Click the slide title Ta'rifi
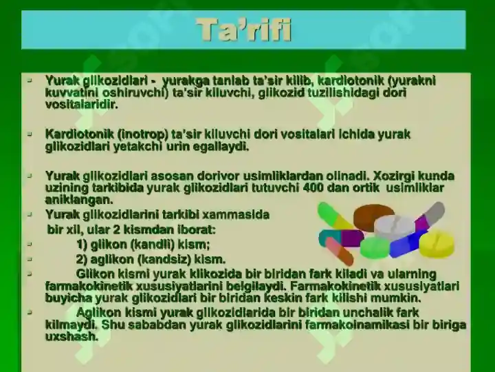[x=243, y=30]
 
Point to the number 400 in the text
[x=313, y=187]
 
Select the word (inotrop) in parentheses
[x=143, y=134]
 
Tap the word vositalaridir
[x=81, y=105]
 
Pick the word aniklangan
[x=79, y=200]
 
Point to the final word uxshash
[x=71, y=336]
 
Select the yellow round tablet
[x=437, y=244]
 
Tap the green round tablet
[x=375, y=247]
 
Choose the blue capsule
[x=406, y=243]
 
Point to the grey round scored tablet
[x=395, y=227]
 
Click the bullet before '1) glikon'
[x=30, y=244]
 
